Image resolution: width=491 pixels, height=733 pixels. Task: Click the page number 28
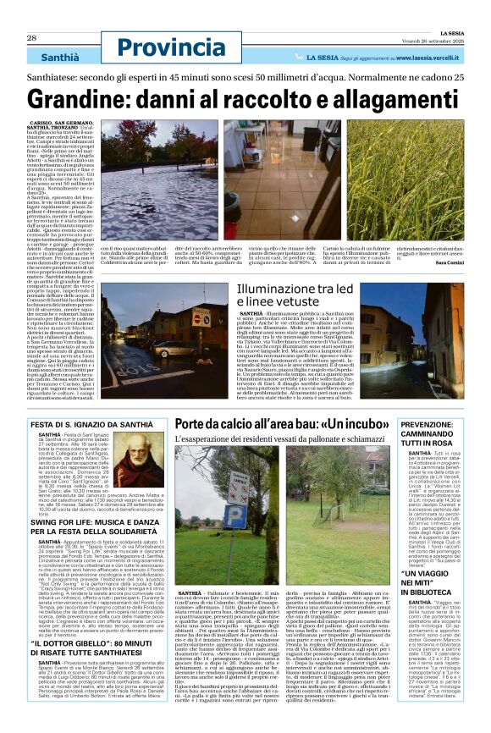point(31,38)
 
